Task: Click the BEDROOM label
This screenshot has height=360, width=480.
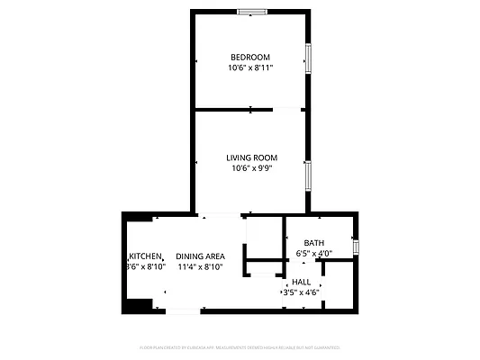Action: pos(249,58)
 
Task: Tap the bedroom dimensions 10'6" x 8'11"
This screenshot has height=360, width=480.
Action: pos(249,67)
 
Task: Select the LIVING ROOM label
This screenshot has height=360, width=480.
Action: pos(251,157)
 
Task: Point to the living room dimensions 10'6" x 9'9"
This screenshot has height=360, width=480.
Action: pos(251,167)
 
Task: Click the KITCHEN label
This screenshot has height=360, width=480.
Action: pos(145,256)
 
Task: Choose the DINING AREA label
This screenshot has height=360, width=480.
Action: pos(200,256)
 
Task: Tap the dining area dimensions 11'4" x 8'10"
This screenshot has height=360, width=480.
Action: pos(200,266)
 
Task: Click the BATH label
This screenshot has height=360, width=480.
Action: pos(314,243)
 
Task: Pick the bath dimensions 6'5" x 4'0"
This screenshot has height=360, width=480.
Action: pos(314,254)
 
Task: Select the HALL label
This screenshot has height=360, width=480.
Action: pos(301,282)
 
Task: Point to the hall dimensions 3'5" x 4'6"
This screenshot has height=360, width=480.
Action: pos(301,292)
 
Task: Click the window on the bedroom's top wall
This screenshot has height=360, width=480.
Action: pos(251,12)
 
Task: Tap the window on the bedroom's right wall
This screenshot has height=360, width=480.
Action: pos(308,58)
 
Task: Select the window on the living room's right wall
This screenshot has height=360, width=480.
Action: pos(308,173)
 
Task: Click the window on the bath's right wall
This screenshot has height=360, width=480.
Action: pos(356,247)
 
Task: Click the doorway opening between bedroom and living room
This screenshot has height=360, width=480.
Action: pos(286,110)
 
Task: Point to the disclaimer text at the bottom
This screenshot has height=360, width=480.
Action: pos(240,346)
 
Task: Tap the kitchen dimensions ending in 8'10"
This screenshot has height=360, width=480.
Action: pos(145,266)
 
